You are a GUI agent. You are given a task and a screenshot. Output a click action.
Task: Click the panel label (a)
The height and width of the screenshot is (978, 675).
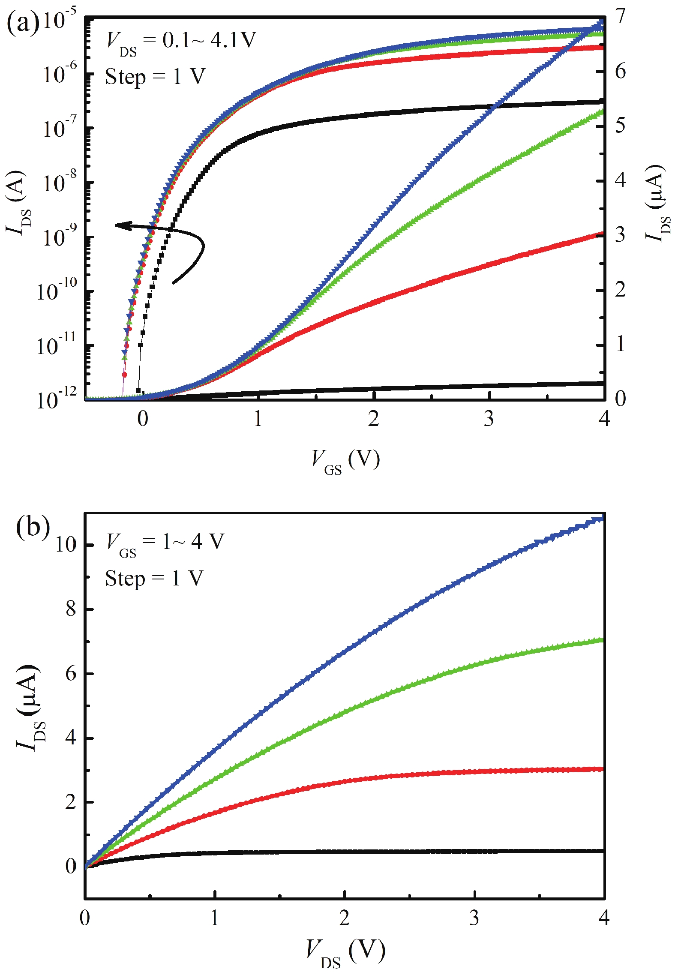(x=22, y=23)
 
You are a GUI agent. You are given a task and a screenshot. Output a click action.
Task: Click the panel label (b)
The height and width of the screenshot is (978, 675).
(x=33, y=527)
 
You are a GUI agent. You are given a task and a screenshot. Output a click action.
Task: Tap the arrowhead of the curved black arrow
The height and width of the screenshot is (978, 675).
(x=118, y=225)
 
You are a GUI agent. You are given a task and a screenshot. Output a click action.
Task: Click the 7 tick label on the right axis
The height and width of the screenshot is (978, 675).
(x=620, y=17)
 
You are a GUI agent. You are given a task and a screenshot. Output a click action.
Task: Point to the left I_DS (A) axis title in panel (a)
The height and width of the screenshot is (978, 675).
(x=17, y=204)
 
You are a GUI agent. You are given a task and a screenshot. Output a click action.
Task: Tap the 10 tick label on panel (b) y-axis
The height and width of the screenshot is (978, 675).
(x=66, y=545)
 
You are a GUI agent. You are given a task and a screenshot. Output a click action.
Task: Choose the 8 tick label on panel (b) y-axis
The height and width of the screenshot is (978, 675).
(x=71, y=609)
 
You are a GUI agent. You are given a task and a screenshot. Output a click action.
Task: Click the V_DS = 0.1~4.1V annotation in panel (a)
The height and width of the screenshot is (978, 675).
(x=181, y=42)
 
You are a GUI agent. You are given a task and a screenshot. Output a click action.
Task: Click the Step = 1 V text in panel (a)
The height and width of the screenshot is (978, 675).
(x=155, y=77)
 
